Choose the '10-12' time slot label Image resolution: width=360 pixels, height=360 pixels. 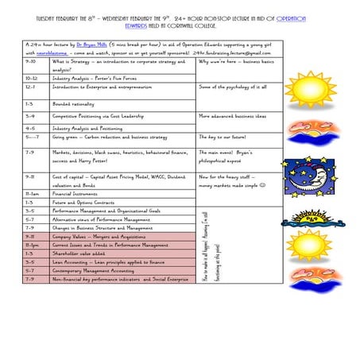click(x=32, y=79)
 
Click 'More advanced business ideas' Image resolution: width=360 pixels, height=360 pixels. click(x=234, y=115)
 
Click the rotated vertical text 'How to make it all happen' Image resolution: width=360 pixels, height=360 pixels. click(x=206, y=251)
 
